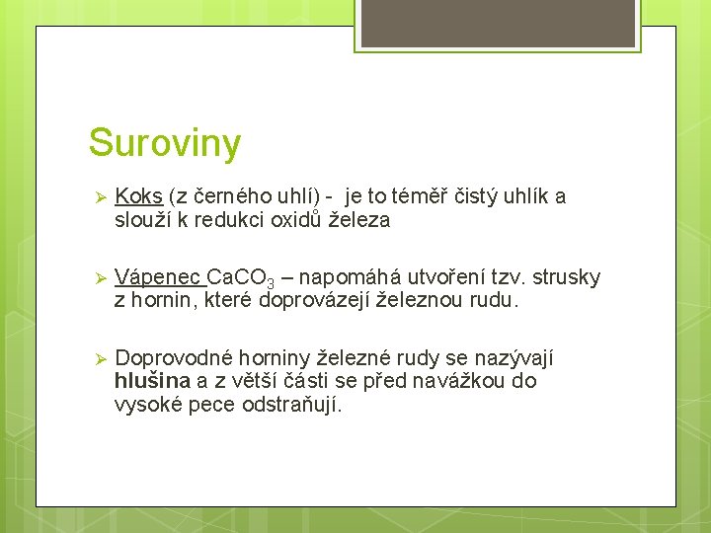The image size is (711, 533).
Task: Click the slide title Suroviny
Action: tap(164, 144)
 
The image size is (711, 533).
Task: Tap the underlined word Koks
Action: tap(138, 196)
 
